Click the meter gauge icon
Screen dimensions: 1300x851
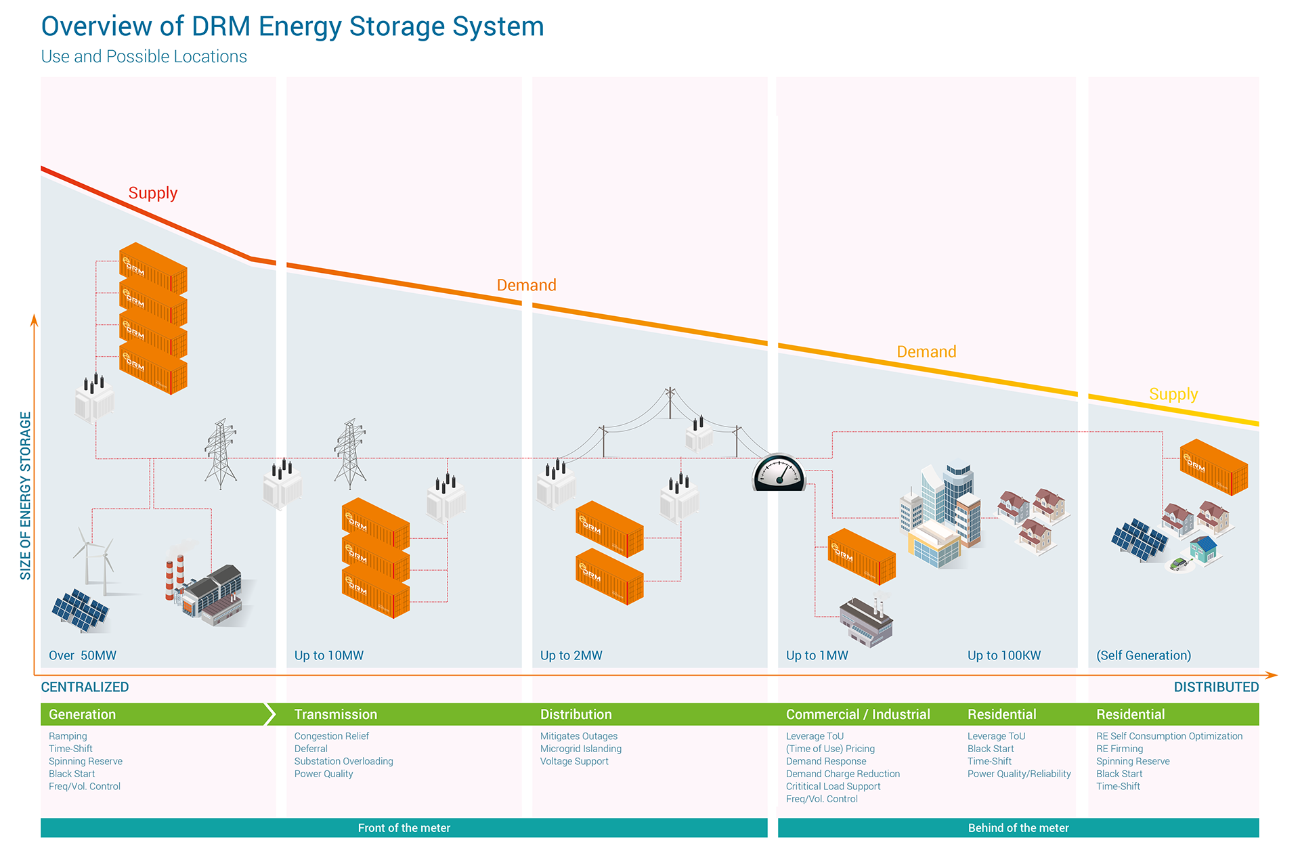[779, 472]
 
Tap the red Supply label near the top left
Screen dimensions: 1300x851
[153, 193]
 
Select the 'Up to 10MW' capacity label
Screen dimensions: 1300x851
[329, 655]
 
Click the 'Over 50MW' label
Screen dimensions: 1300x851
[83, 655]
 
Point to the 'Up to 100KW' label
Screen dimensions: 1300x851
[1004, 655]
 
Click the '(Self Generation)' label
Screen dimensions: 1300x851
[1144, 655]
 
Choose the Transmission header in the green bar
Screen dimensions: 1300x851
[336, 714]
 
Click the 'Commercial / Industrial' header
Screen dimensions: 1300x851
[858, 714]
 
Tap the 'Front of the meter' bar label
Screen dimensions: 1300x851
[404, 828]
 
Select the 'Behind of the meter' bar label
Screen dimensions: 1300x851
[1018, 828]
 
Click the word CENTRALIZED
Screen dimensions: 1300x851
[85, 687]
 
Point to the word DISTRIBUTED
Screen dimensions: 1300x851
[1216, 687]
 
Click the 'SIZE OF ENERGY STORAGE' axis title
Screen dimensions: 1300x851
[26, 496]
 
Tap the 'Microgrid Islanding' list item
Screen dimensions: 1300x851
[581, 749]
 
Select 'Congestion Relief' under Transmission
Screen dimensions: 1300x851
[332, 736]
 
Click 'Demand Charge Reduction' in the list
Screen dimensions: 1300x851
[843, 774]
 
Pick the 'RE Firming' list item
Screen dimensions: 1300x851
[1119, 749]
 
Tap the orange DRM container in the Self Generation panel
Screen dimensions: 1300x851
[1213, 467]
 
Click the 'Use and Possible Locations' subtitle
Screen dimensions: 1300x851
[144, 57]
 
